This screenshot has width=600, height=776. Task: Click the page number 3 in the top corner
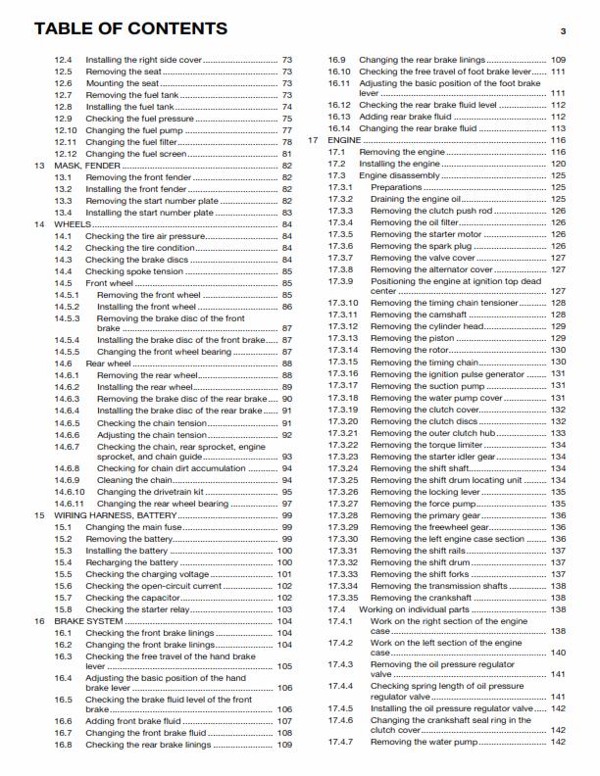coord(564,31)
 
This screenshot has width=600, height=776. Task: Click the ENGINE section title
coord(343,141)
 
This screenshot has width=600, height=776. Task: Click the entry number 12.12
coord(65,154)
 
